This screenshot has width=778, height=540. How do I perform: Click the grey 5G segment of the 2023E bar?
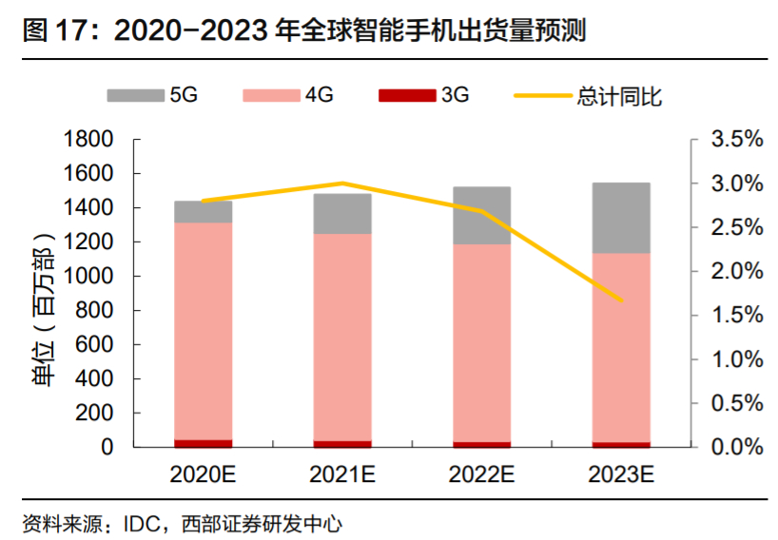[x=622, y=218]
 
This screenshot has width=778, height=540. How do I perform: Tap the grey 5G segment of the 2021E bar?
[x=342, y=214]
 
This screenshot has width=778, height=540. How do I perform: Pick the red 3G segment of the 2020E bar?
[x=204, y=443]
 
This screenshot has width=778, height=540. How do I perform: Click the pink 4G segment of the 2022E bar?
[x=482, y=342]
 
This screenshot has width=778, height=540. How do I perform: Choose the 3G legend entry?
[x=423, y=94]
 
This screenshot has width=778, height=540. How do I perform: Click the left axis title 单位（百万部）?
[x=43, y=294]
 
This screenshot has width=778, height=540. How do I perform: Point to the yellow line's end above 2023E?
[x=622, y=300]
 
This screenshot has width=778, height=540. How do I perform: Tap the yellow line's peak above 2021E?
[x=342, y=183]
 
